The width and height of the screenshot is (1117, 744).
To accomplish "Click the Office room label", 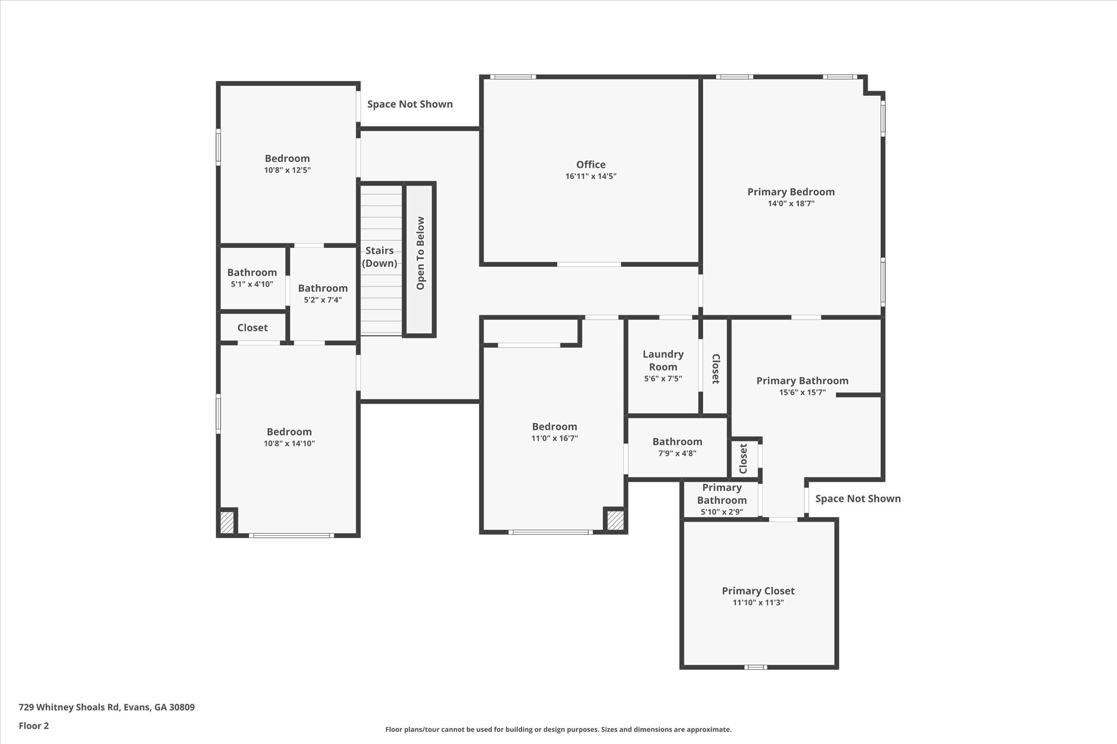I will click(x=591, y=165).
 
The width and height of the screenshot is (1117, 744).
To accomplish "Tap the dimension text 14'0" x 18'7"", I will click(x=791, y=204).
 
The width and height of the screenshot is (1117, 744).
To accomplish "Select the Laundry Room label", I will click(x=663, y=360).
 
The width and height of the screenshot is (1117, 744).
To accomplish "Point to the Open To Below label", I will click(x=421, y=253).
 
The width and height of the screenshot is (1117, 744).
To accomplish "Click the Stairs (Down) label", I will click(x=380, y=257).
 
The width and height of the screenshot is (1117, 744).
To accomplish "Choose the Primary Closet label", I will click(x=758, y=591).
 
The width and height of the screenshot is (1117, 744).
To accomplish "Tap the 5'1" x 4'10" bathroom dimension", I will click(x=252, y=284).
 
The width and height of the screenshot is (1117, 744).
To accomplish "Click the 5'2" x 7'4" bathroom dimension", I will click(x=323, y=300).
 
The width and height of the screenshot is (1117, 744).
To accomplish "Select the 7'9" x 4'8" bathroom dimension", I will click(x=677, y=453).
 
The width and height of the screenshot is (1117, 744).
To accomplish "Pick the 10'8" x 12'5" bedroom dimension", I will click(x=287, y=170).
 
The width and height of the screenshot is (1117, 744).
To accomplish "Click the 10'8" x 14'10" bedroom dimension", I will click(x=289, y=444).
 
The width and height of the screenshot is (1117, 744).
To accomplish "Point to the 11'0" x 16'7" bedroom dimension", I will click(x=555, y=438).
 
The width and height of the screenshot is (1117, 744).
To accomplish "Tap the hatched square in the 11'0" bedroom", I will click(x=615, y=520).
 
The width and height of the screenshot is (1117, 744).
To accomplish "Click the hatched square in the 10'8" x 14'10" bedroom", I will click(x=227, y=522).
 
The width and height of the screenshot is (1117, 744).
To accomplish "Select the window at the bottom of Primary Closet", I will click(x=755, y=667).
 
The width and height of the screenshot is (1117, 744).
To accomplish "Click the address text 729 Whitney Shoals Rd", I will click(x=106, y=707).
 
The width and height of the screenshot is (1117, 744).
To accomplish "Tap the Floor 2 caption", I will click(x=34, y=726).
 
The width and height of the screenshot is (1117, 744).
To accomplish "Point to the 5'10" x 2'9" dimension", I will click(x=722, y=512).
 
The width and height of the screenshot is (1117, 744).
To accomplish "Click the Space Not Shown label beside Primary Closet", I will click(x=857, y=499).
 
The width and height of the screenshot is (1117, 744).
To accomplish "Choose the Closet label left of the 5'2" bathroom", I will click(x=253, y=328).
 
